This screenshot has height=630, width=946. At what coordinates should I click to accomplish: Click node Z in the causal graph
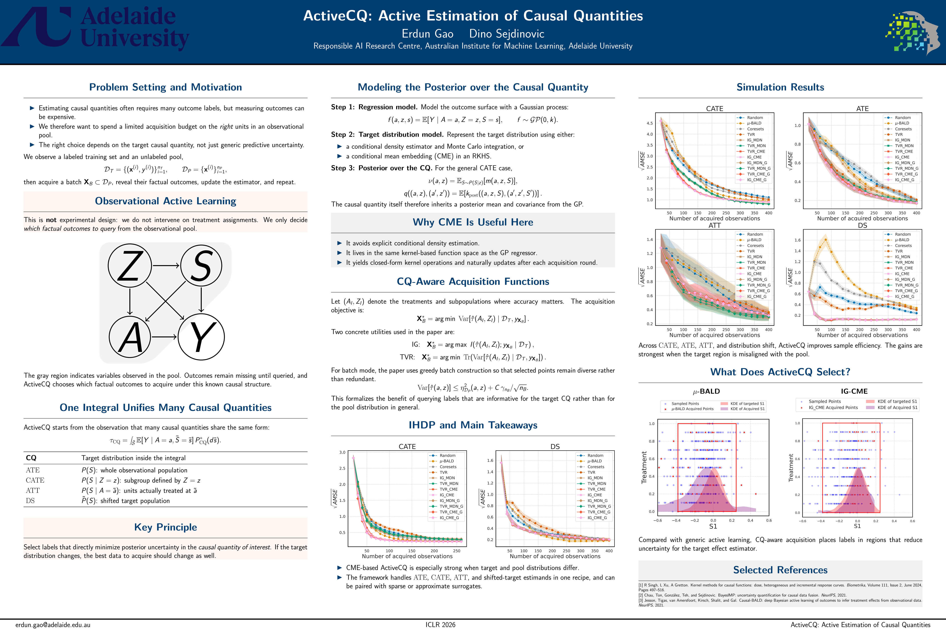pyautogui.click(x=129, y=266)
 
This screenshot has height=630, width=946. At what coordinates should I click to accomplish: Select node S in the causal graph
pyautogui.click(x=201, y=266)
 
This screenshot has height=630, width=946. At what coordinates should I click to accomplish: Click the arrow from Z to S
pyautogui.click(x=166, y=266)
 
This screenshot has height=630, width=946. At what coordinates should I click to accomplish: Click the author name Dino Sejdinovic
pyautogui.click(x=507, y=34)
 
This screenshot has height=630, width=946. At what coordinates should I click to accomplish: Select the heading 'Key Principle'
pyautogui.click(x=165, y=527)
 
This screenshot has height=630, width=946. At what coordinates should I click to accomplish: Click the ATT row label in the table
pyautogui.click(x=33, y=491)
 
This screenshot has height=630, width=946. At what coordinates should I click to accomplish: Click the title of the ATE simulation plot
pyautogui.click(x=862, y=108)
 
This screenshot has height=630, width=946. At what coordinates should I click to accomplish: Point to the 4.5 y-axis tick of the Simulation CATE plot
pyautogui.click(x=649, y=123)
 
